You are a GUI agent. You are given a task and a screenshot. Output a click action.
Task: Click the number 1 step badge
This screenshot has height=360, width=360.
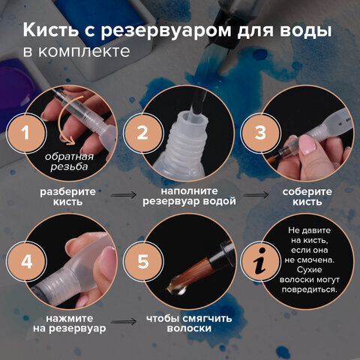point(27,133)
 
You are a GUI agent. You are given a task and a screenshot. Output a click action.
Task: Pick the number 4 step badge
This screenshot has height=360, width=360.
point(27,262)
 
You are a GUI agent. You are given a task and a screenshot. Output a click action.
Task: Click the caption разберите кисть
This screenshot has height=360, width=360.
point(67,196)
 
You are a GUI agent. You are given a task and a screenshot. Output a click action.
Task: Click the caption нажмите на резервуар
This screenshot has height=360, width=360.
point(67,322)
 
